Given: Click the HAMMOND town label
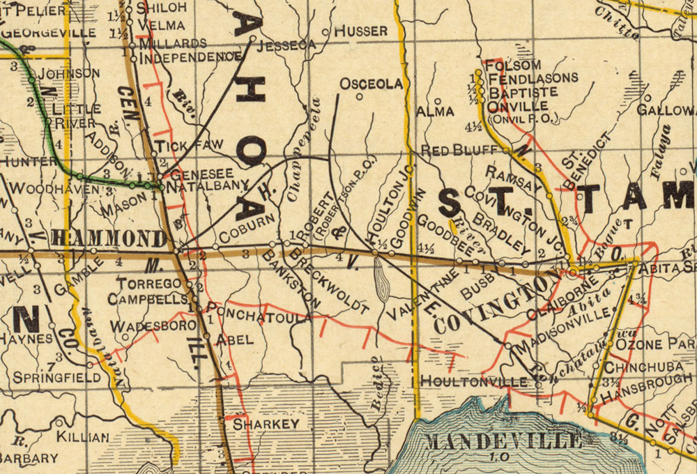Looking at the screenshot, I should (x=109, y=238).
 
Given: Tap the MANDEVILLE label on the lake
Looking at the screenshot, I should (x=503, y=441).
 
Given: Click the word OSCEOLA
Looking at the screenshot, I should (x=371, y=84).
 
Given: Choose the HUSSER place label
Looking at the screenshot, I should (x=360, y=31).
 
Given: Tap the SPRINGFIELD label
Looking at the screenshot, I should (x=56, y=377).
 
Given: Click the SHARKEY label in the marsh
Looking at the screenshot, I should (x=266, y=424).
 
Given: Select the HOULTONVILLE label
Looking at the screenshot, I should (x=474, y=382).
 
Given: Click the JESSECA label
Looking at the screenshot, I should (x=286, y=45).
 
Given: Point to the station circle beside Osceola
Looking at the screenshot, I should (x=360, y=97).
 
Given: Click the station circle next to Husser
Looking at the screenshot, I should (x=325, y=32).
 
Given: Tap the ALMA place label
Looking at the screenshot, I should (x=436, y=111).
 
